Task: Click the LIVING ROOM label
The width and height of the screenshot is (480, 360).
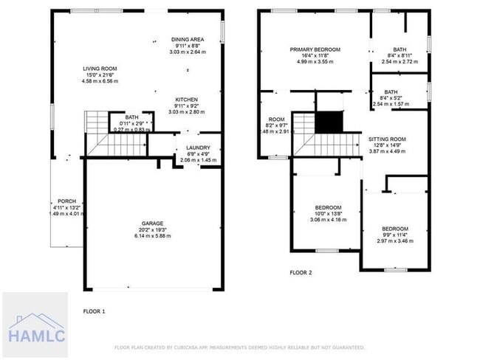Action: point(99,69)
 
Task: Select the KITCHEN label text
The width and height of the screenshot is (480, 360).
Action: point(186,100)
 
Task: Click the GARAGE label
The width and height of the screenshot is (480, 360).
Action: point(152,223)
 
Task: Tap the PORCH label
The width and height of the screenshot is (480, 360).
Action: point(67,201)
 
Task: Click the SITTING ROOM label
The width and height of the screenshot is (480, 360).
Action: point(387,139)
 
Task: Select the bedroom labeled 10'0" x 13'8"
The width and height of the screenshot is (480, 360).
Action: point(328,207)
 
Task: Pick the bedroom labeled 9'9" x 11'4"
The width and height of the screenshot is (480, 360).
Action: point(394,229)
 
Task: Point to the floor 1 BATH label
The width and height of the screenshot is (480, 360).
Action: point(131,117)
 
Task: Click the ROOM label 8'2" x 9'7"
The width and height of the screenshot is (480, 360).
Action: point(276,120)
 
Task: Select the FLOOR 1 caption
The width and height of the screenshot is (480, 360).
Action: point(94,311)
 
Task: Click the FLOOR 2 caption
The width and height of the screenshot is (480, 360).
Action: point(301,272)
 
